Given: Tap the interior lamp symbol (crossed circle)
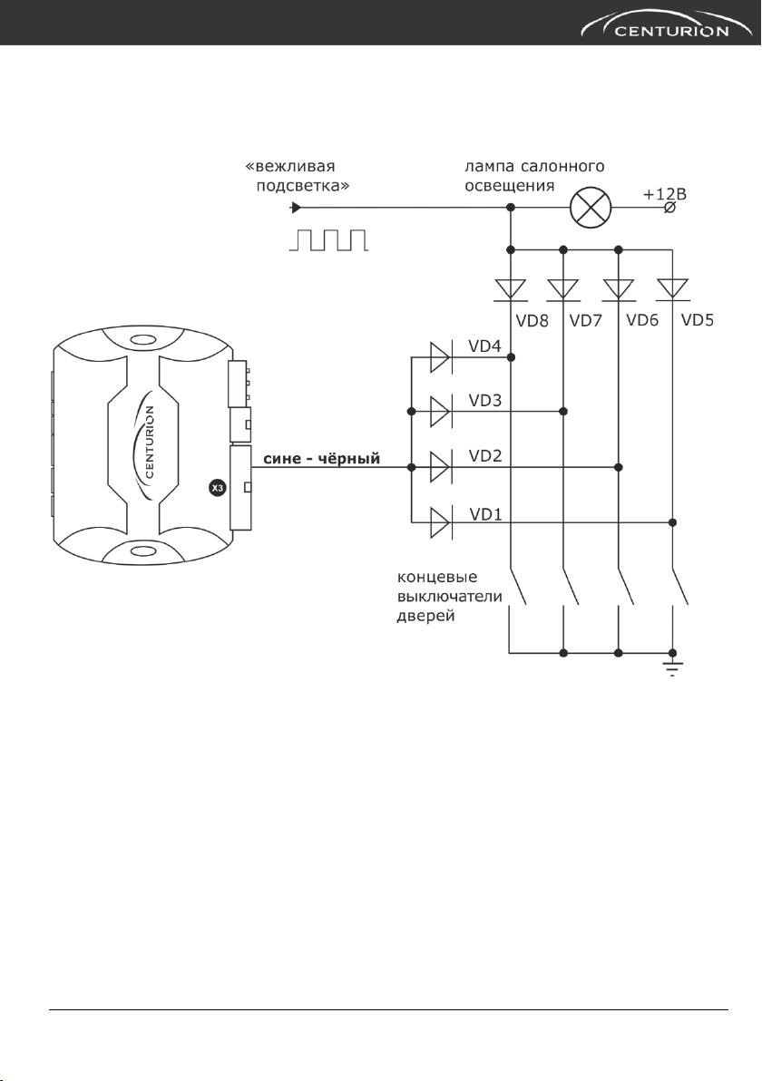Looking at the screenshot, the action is (591, 207).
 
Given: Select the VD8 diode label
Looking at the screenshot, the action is (532, 320).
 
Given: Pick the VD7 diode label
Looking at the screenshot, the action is (586, 320).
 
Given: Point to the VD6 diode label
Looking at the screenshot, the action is (642, 320).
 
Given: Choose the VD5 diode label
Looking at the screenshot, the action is (698, 320).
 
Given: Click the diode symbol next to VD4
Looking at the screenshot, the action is (441, 357).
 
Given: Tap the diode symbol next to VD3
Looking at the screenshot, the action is (441, 412).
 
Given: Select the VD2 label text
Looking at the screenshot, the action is (486, 456).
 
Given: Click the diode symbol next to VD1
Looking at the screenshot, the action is (441, 521).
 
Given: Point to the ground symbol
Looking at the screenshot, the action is (673, 666).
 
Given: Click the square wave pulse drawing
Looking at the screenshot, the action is (328, 240).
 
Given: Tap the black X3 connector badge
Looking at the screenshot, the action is (217, 489).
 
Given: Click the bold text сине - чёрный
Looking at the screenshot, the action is (322, 459).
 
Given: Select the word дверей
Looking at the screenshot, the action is (425, 616).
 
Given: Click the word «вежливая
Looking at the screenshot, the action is (290, 168).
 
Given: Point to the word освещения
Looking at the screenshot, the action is (510, 186).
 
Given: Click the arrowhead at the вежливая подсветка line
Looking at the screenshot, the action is (296, 207).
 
